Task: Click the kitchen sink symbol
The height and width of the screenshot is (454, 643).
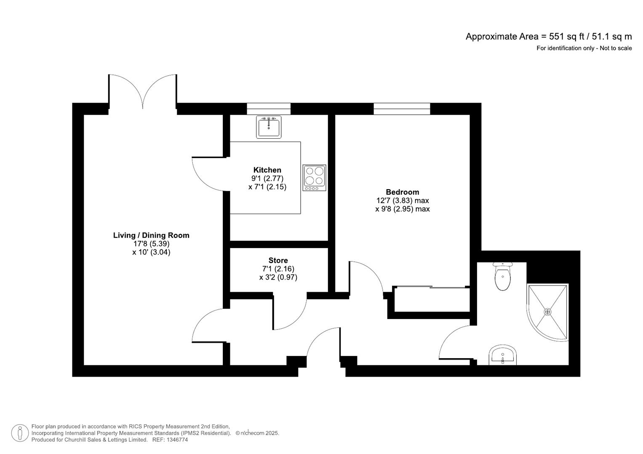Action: [x=269, y=127]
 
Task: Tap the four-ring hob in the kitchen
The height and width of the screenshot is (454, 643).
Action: [x=314, y=177]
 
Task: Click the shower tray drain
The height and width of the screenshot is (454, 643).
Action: [x=547, y=311]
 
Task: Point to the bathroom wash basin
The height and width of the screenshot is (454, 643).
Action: [x=503, y=356]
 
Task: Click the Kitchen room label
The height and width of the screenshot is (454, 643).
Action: [x=267, y=170]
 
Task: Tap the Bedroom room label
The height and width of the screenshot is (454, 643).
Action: [x=402, y=192]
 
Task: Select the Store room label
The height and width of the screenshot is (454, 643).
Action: [x=278, y=260]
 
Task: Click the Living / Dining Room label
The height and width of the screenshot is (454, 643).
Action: [x=151, y=235]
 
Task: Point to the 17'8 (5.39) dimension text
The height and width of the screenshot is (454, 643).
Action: [x=151, y=244]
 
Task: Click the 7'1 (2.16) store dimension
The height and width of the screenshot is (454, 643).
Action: [x=278, y=269]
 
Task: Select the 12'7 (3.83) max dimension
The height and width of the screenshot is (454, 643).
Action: [x=402, y=201]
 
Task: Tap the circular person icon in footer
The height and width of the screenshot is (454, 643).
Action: [x=19, y=433]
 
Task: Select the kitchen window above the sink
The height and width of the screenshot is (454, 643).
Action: [x=269, y=109]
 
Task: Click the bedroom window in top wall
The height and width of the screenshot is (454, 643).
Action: [x=402, y=109]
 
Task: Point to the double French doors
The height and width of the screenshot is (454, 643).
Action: [x=143, y=92]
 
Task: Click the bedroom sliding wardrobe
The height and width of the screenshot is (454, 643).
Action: [x=432, y=299]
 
